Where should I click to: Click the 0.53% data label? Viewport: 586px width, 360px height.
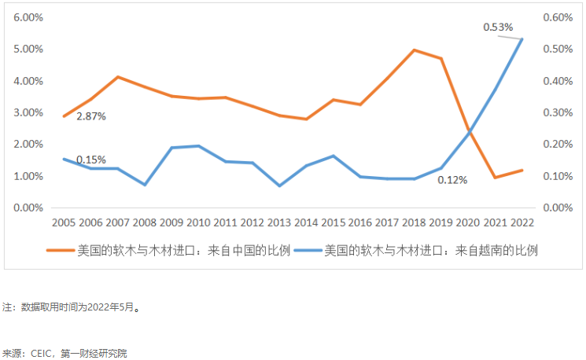[498, 28]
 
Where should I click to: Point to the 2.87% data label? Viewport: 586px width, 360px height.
[91, 116]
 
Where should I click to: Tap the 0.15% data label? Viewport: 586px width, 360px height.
[91, 160]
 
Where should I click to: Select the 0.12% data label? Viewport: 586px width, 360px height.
[452, 180]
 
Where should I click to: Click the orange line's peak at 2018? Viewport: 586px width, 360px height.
[414, 50]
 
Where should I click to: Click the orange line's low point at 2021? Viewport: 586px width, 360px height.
[495, 178]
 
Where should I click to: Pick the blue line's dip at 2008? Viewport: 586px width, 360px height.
[145, 185]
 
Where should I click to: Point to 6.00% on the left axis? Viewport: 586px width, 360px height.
[28, 17]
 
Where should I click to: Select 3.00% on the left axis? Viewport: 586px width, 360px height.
[28, 112]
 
